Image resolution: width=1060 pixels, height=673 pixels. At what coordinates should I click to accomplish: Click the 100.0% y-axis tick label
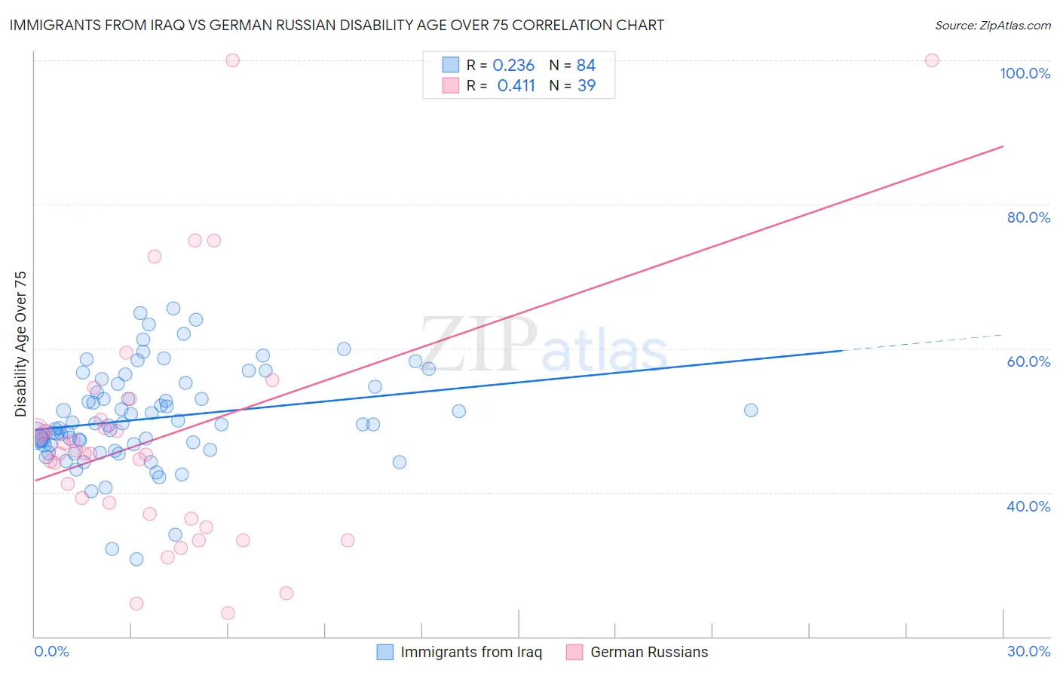click(x=1025, y=73)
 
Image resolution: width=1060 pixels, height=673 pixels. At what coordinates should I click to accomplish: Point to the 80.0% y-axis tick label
click(x=1028, y=217)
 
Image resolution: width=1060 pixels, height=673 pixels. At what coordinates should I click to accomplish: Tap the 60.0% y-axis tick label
click(x=1028, y=361)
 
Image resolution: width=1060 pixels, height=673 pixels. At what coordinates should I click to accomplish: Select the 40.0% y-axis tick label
click(x=1028, y=506)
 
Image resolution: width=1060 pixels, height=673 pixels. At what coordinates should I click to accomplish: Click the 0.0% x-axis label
click(x=51, y=651)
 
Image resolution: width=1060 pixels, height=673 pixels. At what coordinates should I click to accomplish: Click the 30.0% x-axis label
click(x=1028, y=651)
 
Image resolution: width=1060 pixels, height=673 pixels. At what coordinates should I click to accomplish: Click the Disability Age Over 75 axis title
click(x=20, y=344)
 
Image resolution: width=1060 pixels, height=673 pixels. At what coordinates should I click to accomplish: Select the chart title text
click(x=337, y=25)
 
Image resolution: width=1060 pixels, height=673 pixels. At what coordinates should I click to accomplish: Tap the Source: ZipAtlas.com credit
click(x=992, y=26)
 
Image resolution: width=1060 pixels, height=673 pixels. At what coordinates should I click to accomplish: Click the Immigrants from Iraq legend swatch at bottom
click(x=384, y=652)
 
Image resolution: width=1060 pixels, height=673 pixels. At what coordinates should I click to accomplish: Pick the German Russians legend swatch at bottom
click(x=574, y=652)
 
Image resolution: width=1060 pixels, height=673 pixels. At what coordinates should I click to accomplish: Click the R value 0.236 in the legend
click(x=513, y=66)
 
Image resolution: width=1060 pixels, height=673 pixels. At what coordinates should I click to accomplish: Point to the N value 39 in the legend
click(x=587, y=86)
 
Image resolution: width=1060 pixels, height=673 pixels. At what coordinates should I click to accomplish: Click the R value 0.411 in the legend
click(x=516, y=86)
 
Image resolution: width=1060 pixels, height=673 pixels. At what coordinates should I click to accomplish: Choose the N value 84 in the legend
click(x=586, y=66)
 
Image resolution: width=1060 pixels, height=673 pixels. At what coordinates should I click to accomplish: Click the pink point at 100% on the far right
click(x=932, y=60)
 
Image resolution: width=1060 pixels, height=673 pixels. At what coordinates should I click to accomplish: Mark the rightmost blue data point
click(x=751, y=410)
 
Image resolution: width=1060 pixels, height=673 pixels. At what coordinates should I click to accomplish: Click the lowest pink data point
click(x=228, y=613)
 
